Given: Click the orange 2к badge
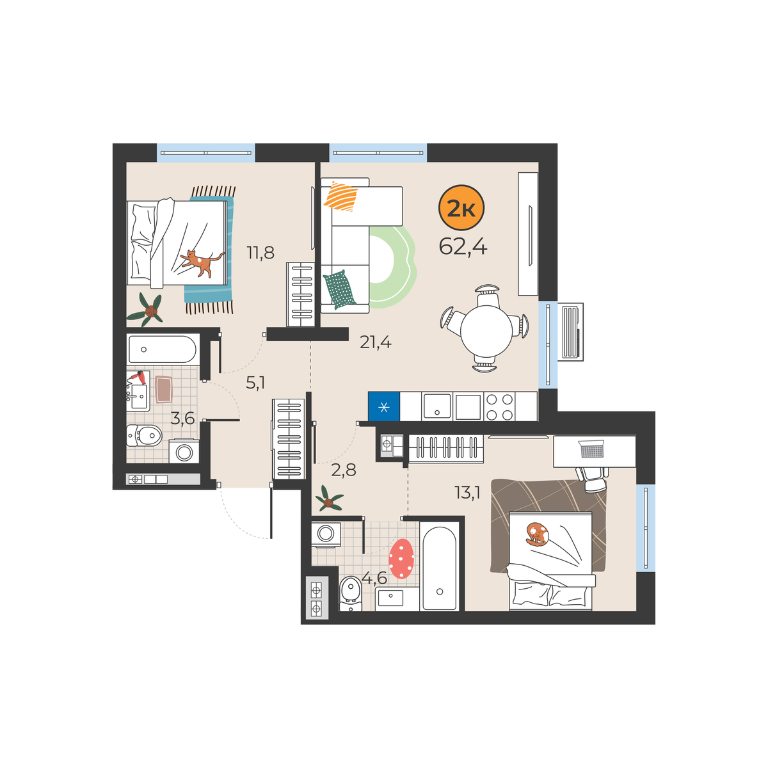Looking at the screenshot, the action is [461, 207].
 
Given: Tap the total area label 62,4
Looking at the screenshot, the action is [463, 246].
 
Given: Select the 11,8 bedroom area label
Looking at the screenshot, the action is [260, 253].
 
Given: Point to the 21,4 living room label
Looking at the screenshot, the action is [376, 342].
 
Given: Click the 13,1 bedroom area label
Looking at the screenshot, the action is [467, 493].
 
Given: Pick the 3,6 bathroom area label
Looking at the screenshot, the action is [182, 419].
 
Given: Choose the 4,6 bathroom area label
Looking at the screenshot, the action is [374, 577].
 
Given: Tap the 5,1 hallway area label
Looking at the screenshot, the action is [255, 383].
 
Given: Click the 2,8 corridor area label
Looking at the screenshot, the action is [344, 470].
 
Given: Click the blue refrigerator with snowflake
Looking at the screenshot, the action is [384, 406].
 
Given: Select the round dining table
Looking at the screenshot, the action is [486, 331].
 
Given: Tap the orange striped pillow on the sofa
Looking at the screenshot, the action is [340, 196].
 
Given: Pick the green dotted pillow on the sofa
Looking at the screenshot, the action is [340, 289].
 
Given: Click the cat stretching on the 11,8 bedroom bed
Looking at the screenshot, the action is [201, 262].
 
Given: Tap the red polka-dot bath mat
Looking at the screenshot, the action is [401, 558].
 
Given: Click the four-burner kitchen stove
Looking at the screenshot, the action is [499, 406].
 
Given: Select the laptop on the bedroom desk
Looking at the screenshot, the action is [592, 449].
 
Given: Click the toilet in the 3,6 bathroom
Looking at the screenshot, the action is [144, 435].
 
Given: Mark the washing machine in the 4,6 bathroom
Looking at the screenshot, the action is [326, 534].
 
